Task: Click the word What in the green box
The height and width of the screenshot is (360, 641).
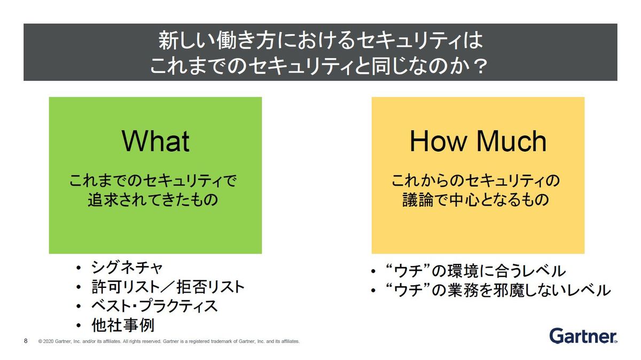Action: pos(155,141)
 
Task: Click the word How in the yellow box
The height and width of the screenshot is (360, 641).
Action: pos(438,141)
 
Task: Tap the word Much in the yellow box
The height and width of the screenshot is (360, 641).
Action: pos(511,141)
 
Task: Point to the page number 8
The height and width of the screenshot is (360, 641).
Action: pos(26,341)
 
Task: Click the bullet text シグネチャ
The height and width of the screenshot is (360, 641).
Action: pos(127,268)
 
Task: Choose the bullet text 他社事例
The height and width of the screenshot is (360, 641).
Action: pos(123,325)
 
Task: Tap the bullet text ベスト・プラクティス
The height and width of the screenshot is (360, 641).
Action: pos(154,306)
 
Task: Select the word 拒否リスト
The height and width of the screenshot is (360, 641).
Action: pos(210,287)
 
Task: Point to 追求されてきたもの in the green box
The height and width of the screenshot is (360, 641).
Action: pos(153,199)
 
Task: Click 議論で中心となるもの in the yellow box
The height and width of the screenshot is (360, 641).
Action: pos(475,199)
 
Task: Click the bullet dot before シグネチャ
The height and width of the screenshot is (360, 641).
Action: pos(79,268)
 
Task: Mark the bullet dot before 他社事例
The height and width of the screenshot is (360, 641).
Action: pos(79,326)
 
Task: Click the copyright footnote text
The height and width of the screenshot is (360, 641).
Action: pos(169,341)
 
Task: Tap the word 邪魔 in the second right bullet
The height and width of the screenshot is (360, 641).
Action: pos(510,290)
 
